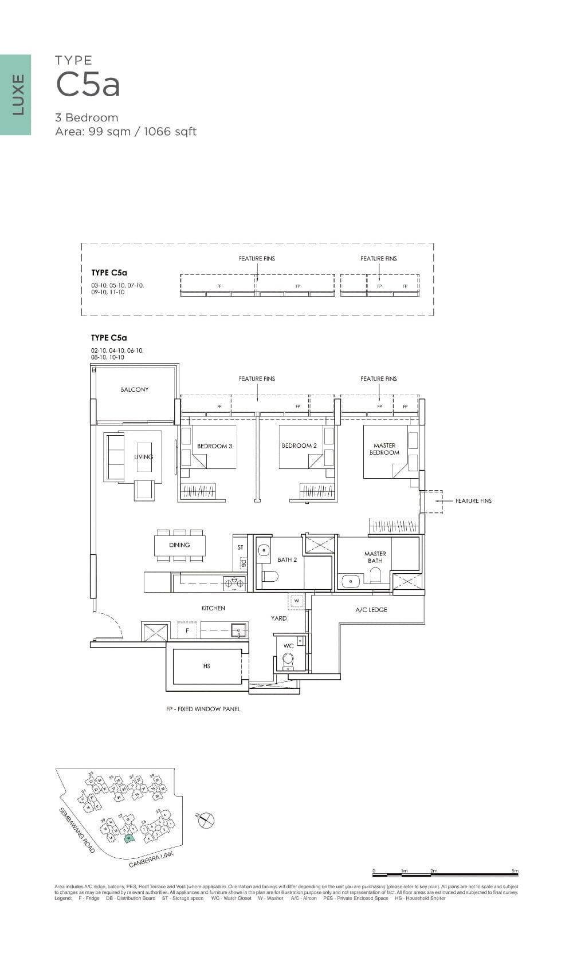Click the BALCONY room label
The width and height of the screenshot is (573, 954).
point(134,389)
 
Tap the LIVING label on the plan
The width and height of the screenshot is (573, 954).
point(143,457)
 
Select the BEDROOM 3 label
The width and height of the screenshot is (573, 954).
point(214,446)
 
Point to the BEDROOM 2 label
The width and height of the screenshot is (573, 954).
point(299,446)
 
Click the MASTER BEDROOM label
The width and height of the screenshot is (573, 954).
point(384,449)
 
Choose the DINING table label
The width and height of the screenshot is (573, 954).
point(179,545)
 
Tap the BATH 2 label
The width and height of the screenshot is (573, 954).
point(287,560)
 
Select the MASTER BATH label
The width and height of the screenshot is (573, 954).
point(375,557)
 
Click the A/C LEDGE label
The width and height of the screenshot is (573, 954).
point(371,610)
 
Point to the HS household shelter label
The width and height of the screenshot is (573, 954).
point(207,666)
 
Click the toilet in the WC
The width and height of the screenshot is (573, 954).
point(288,661)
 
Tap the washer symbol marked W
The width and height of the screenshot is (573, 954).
point(297,601)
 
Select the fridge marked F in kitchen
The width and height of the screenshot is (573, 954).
point(187,630)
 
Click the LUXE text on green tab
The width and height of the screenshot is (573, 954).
point(18,94)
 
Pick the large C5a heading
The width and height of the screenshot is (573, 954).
point(88,85)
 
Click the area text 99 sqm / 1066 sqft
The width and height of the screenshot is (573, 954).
point(125,132)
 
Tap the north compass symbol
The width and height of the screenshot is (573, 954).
point(206,821)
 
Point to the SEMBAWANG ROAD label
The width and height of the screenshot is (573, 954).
point(77,831)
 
